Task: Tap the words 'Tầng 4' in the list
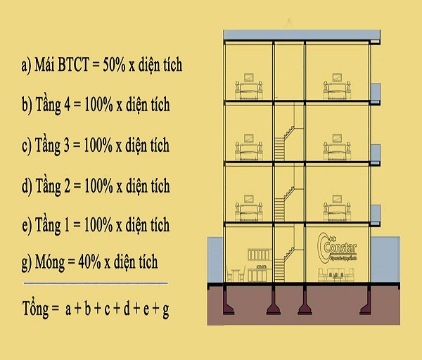53,106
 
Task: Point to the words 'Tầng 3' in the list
53,146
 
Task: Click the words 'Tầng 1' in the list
53,226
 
